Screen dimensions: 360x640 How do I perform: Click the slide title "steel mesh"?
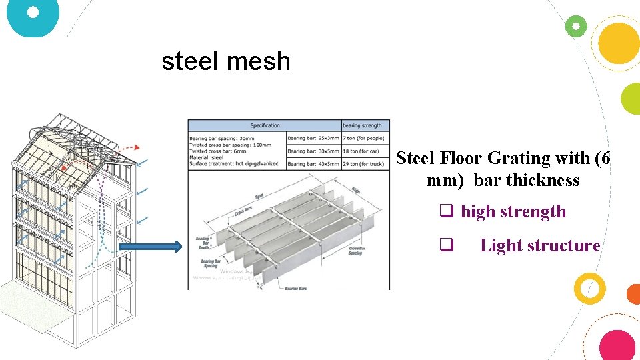coord(226,61)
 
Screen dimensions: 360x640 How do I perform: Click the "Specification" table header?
coord(265,125)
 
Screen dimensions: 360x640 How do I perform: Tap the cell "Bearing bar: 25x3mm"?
coord(314,139)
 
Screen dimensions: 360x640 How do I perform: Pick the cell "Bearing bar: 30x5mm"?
coord(314,151)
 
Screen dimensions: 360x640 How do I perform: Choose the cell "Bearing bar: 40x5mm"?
coord(314,164)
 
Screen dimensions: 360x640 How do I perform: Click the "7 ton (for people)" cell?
coord(365,139)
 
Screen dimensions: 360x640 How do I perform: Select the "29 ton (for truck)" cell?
coord(365,164)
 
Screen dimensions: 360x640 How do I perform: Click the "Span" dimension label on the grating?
coord(257,197)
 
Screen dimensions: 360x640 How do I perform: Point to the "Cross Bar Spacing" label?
coord(356,251)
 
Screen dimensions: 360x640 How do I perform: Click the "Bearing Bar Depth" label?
coord(203,241)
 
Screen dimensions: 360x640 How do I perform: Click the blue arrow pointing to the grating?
coord(150,247)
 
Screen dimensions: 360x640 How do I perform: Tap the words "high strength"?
coord(513,212)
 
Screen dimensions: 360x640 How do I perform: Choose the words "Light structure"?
coord(540,245)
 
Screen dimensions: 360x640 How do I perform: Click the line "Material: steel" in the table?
coord(207,157)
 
